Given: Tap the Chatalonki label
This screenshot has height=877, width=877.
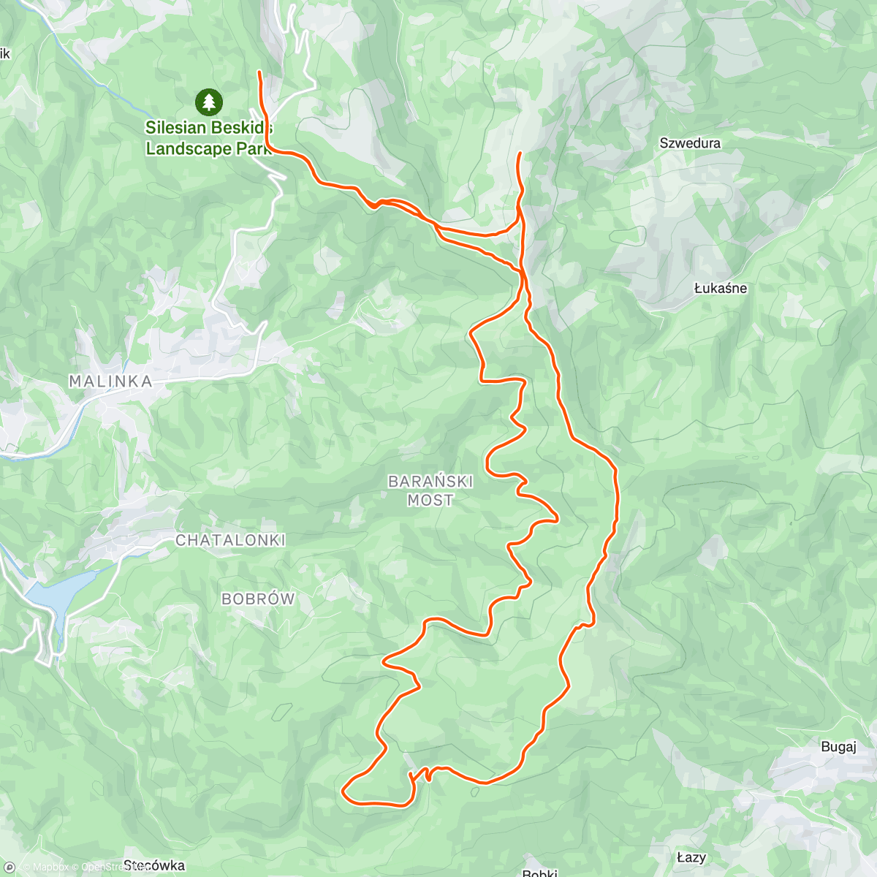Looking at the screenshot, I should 230,540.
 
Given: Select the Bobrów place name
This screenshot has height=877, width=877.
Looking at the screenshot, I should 258,599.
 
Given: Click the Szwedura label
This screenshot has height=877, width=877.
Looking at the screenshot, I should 690,143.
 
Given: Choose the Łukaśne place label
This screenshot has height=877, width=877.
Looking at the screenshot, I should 721,288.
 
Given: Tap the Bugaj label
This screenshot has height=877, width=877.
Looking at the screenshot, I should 838,746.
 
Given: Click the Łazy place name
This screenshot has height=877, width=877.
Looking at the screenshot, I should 691,857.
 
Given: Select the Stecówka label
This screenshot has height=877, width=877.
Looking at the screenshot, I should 154,866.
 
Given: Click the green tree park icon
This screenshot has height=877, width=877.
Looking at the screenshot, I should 210,102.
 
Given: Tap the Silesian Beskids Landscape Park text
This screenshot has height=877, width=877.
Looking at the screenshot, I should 209,138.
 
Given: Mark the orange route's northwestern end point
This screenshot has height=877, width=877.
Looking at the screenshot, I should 259,72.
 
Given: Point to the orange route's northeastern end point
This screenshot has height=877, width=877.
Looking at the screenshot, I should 519,153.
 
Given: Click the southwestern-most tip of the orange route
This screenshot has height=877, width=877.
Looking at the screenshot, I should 343,789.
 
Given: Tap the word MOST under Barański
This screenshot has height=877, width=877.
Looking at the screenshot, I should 430,501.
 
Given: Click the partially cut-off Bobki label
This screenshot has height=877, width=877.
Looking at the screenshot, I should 541,873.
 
